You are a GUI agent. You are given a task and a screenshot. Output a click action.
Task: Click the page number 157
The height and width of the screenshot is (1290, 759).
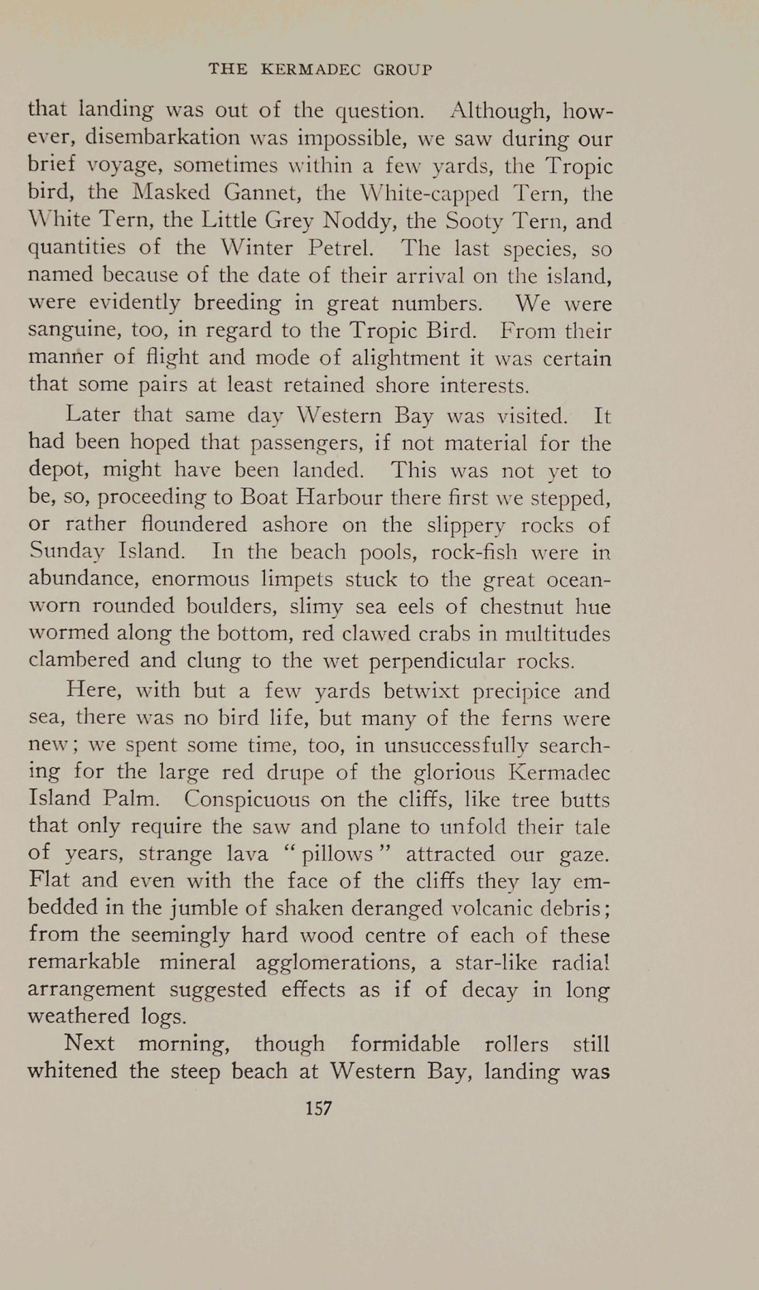pos(318,1109)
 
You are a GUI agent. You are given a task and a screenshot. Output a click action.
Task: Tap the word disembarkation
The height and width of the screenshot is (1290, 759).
pos(163,138)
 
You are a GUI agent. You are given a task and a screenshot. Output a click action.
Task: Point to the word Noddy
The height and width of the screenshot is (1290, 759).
pos(357,221)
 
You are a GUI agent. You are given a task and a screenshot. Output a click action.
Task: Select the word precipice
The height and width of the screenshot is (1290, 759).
pos(516,692)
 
